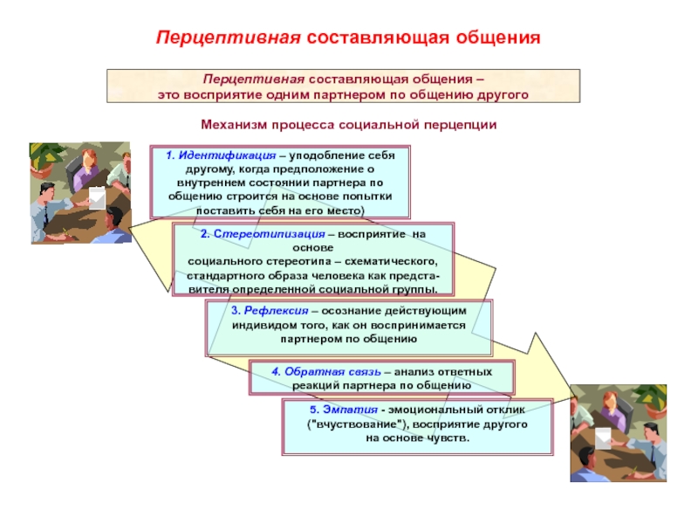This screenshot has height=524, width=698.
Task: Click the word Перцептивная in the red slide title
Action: click(229, 38)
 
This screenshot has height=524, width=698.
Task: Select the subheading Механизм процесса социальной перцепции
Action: click(348, 125)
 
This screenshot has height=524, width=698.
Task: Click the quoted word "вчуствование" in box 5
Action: click(359, 424)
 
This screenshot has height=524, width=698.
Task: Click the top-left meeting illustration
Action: click(79, 193)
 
